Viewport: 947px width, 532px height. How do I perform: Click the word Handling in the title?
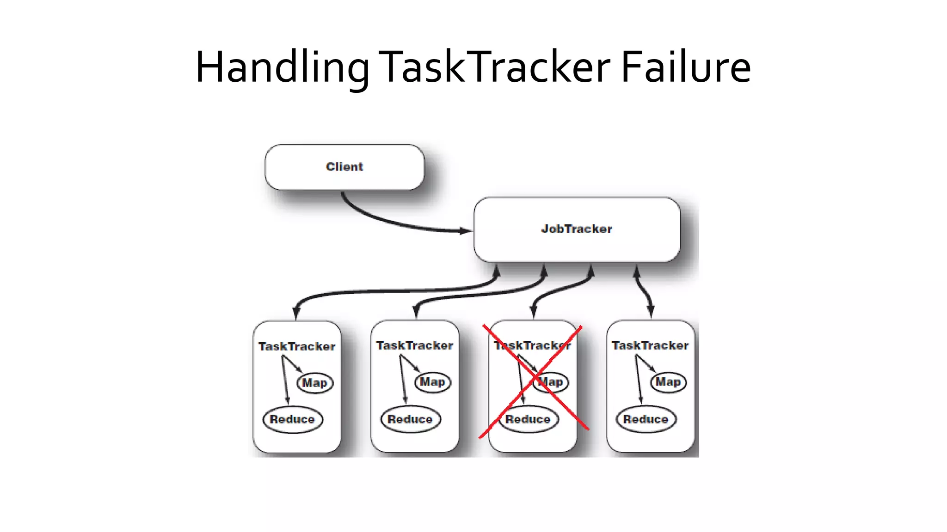tap(282, 68)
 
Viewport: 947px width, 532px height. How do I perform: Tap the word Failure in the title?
tap(685, 67)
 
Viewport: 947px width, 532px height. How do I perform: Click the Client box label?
tap(344, 167)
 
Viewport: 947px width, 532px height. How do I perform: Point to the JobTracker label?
tap(577, 229)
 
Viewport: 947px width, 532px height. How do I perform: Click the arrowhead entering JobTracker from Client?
tap(465, 230)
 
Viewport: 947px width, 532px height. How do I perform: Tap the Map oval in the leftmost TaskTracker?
tap(315, 383)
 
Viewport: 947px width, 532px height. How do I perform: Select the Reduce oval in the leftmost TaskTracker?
tap(292, 419)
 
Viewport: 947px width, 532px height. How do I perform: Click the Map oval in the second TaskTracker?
tap(432, 382)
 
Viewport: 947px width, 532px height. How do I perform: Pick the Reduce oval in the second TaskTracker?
tap(410, 419)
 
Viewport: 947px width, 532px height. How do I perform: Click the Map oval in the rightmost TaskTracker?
tap(668, 382)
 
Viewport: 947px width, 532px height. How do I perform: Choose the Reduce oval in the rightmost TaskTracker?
tap(646, 419)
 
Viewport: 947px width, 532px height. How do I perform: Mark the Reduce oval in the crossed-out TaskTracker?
tap(528, 419)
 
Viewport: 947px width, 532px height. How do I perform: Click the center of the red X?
tap(535, 380)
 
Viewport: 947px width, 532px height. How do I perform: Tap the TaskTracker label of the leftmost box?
tap(297, 346)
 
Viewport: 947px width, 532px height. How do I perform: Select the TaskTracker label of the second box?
tap(415, 345)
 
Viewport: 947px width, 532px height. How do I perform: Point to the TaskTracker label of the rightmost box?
tap(650, 345)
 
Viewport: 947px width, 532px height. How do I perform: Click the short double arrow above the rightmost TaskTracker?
tap(644, 291)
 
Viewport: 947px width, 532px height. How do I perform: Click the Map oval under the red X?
tap(551, 382)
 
